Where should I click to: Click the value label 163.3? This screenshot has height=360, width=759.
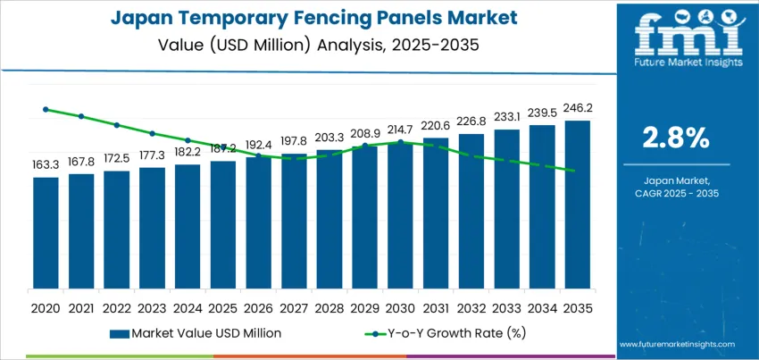coord(46,165)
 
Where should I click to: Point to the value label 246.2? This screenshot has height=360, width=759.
coord(577,108)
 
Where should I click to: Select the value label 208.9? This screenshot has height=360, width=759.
coord(364,132)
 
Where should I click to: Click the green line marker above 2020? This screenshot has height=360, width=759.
coord(46,109)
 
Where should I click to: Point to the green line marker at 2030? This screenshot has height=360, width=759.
coord(400,142)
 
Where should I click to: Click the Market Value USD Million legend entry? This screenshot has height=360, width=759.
coord(196,333)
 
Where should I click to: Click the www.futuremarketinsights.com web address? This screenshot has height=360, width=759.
coord(675,344)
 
